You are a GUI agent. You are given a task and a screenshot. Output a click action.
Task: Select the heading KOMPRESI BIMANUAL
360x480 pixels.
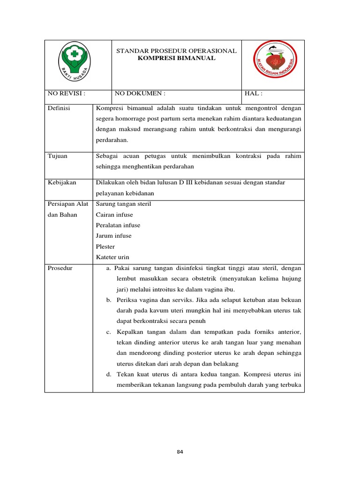pos(176,58)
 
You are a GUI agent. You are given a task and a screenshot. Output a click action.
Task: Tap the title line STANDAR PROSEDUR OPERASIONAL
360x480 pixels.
pos(176,51)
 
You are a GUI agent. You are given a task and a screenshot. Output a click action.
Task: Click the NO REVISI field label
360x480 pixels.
pos(67,94)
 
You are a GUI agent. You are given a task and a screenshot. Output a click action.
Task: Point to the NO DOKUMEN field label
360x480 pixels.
pos(140,94)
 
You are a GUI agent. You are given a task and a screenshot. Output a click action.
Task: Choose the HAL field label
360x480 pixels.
pos(254,94)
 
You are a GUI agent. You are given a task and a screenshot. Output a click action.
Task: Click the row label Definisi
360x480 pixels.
pos(59,108)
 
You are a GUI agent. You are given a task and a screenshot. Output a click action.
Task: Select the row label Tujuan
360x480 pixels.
pos(57,156)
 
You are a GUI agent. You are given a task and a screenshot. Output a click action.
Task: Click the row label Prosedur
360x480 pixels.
pos(60,268)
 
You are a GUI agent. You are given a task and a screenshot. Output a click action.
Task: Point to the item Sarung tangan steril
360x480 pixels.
pos(123,204)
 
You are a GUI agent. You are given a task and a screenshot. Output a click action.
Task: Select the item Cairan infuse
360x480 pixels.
pos(114,215)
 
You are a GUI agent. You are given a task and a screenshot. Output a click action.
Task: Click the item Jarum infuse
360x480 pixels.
pos(113,236)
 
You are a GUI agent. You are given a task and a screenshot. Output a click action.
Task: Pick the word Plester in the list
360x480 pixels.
pos(105,247)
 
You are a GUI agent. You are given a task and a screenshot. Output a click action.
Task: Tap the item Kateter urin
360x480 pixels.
pos(112,257)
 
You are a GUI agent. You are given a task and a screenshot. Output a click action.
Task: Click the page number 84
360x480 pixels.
pos(180,452)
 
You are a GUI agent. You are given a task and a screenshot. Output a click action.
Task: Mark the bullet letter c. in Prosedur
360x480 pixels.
pos(108,332)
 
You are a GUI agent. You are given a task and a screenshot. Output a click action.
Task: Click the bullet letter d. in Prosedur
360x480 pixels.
pos(108,375)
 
